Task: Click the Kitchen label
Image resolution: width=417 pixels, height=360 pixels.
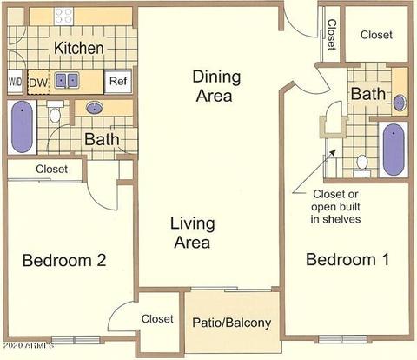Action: coord(79,48)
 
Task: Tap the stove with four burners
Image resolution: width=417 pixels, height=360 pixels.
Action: coord(63,16)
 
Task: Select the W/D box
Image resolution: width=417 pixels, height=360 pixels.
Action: coord(15,82)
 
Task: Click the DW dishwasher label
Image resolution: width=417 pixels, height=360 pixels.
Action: coord(38,83)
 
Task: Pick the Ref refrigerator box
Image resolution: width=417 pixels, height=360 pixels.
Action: coord(118,81)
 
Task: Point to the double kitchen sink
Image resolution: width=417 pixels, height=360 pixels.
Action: coord(67,81)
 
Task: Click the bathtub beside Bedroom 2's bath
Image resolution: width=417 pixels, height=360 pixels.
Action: coord(22,127)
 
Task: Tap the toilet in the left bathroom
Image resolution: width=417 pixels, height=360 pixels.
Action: coord(55,111)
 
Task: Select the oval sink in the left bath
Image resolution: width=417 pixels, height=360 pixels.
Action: coord(95,108)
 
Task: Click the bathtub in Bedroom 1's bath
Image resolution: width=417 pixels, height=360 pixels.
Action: coord(394,150)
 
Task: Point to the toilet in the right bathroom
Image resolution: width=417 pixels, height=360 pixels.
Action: coord(362,166)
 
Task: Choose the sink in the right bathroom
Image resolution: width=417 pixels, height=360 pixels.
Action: coord(400,103)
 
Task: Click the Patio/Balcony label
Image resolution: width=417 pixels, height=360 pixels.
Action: coord(232,323)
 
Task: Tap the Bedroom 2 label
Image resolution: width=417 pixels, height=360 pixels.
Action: coord(64,260)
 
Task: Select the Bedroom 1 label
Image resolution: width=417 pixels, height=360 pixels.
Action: coord(347,259)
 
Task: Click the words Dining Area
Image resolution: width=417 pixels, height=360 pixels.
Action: coord(216,86)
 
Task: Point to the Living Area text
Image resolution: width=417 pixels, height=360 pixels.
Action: coord(193,233)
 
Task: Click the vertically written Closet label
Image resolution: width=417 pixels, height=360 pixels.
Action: coord(332,35)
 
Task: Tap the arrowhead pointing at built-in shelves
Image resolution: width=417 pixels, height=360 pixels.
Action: coord(333,152)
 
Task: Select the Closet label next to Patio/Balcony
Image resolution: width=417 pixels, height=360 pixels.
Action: coord(157,319)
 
